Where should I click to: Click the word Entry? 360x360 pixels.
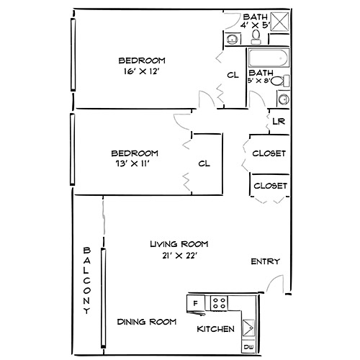click(264, 261)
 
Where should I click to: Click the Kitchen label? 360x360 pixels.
click(216, 329)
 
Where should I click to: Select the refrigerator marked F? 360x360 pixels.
click(195, 302)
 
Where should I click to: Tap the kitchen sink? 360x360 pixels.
click(248, 328)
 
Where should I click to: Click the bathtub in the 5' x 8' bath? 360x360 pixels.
click(267, 58)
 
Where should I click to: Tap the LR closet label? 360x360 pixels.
click(279, 121)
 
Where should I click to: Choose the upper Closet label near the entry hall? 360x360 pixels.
click(269, 153)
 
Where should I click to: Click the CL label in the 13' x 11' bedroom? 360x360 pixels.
click(204, 163)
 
